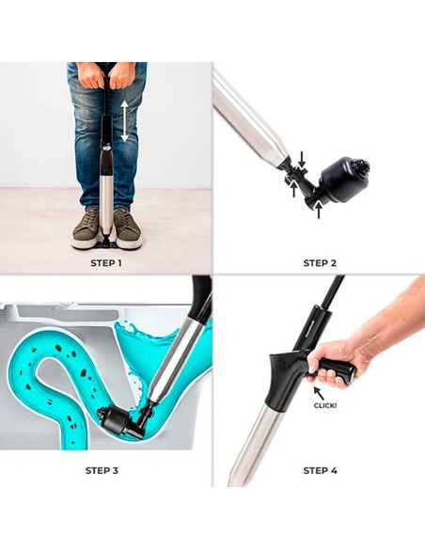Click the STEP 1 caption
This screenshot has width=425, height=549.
(x=106, y=263)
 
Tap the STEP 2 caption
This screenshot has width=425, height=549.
(x=320, y=263)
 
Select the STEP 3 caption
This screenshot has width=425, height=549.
(x=102, y=470)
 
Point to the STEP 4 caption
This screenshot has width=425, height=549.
(x=320, y=470)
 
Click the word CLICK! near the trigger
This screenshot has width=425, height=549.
(x=325, y=406)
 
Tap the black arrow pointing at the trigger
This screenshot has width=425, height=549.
(x=319, y=393)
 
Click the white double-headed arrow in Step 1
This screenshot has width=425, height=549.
(x=125, y=120)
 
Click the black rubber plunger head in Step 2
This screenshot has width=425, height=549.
(x=344, y=180)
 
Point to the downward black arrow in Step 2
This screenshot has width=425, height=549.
(x=302, y=160)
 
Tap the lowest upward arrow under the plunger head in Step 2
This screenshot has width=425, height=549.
(x=319, y=209)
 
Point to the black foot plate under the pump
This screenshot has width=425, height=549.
(x=105, y=243)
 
